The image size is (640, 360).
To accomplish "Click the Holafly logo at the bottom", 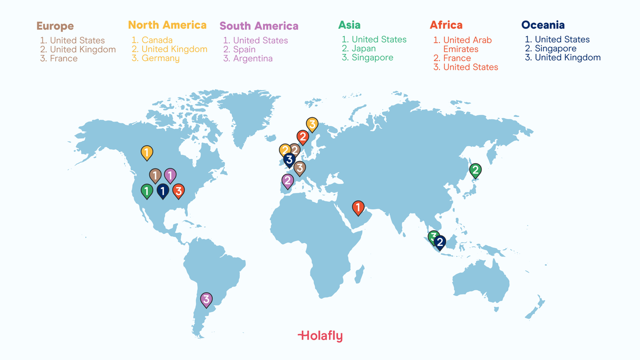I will [x=320, y=335].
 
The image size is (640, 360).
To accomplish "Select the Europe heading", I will [x=55, y=26].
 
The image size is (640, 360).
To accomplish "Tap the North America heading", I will [x=167, y=25].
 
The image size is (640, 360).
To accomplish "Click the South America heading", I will [x=259, y=26].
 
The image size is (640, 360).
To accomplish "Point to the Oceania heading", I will [x=542, y=25].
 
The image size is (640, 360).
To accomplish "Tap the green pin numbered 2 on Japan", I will [x=475, y=171].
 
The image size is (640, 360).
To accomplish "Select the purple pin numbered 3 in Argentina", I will [x=206, y=300].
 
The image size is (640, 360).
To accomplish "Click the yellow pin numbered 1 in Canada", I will [x=147, y=153].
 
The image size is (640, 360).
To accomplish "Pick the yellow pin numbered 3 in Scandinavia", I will [x=312, y=125].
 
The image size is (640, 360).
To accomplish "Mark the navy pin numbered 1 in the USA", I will [x=163, y=191].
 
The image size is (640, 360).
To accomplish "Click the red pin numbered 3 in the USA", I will [x=179, y=190].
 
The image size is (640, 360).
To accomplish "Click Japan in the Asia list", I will [x=364, y=49].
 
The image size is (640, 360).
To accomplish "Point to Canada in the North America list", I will [x=157, y=40].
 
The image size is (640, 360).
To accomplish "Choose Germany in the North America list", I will [x=160, y=58].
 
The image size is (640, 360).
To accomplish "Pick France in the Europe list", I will [x=63, y=59].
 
